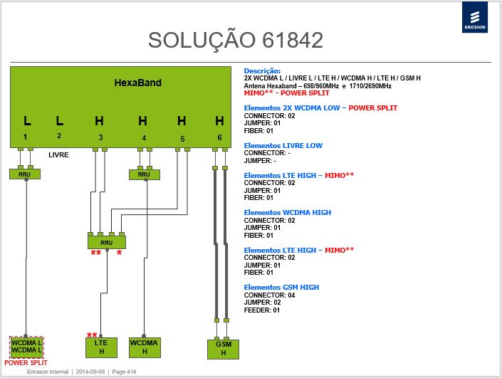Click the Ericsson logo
(x=475, y=17)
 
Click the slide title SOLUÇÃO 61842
(x=236, y=40)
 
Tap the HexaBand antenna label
(x=138, y=83)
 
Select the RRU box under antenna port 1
(x=25, y=174)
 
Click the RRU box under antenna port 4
(x=144, y=174)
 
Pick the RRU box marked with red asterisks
(x=107, y=242)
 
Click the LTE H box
(x=101, y=347)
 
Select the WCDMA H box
(x=145, y=347)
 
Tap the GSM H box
(x=223, y=349)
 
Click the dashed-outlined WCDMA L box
(x=26, y=347)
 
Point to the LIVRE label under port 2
(x=58, y=155)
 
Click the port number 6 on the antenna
(x=219, y=137)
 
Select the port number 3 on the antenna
(x=100, y=137)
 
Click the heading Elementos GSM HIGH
(x=281, y=288)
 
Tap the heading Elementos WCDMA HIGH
(x=288, y=213)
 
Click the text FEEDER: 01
(x=262, y=310)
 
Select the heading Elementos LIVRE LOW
(x=283, y=146)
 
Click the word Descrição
(x=262, y=71)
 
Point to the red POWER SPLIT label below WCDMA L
(x=26, y=363)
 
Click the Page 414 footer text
(x=124, y=372)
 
